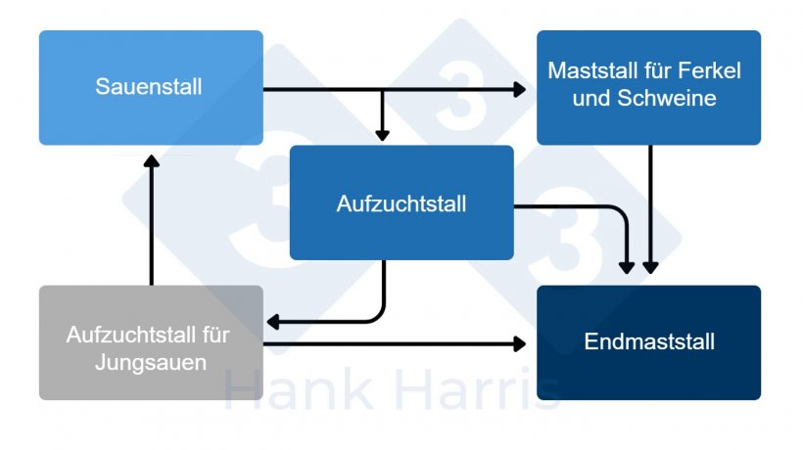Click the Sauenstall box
151,87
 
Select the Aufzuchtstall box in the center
401,202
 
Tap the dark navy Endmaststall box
648,342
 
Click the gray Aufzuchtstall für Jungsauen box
151,342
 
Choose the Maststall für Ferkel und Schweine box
648,87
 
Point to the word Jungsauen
151,363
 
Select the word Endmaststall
649,341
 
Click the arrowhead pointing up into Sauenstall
152,161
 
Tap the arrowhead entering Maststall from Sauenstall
520,89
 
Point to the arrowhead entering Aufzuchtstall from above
383,135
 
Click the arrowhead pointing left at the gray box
273,322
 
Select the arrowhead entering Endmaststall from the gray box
520,343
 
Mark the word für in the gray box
215,335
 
